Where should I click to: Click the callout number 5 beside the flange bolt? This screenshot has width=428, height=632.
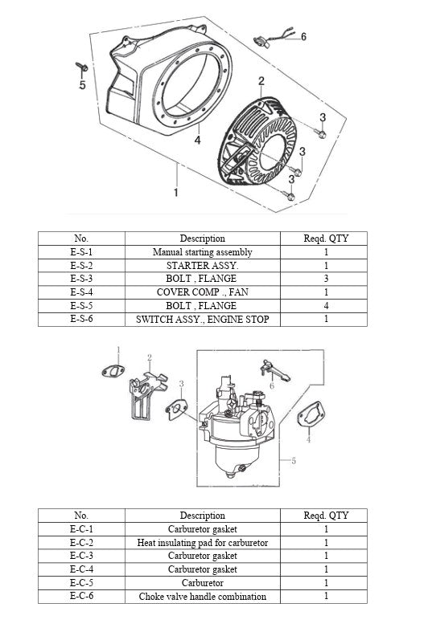tap(81, 87)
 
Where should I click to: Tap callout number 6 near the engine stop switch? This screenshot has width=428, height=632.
tap(303, 37)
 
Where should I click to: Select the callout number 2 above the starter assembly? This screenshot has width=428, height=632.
tap(261, 80)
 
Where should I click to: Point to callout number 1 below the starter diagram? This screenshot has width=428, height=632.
tap(176, 193)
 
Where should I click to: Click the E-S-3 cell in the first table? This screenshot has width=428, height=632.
tap(81, 279)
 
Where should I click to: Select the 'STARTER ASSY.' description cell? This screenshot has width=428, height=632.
tap(202, 265)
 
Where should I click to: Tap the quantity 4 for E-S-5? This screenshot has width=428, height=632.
tap(326, 306)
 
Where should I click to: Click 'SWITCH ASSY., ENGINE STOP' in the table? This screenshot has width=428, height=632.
tap(202, 320)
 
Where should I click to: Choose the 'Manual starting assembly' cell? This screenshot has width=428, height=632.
tap(202, 251)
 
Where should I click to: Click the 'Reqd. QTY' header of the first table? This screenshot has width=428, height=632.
tap(326, 239)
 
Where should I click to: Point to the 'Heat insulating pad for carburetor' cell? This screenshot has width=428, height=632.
tap(202, 543)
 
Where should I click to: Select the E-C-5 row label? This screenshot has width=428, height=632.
tap(81, 583)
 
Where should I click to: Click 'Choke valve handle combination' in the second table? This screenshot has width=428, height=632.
tap(202, 597)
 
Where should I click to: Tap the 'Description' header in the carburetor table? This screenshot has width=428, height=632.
tap(202, 516)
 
